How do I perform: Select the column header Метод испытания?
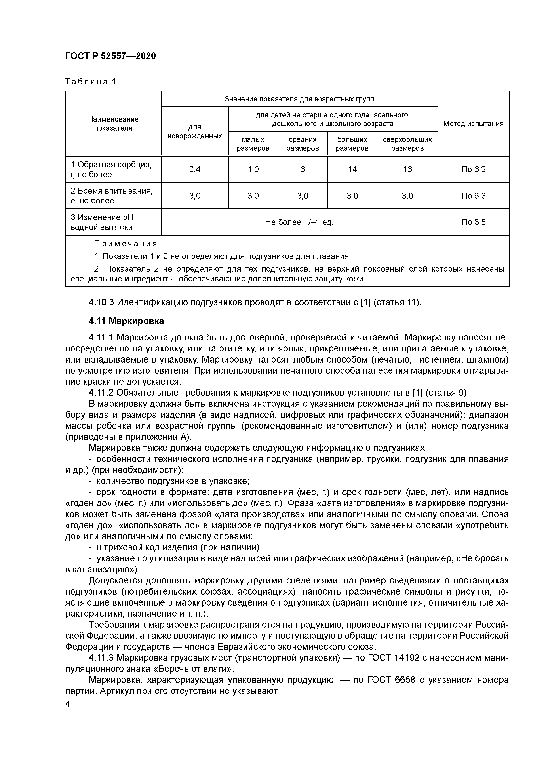point(473,123)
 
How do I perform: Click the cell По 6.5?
point(473,222)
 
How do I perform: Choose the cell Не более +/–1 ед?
point(299,222)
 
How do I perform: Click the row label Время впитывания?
point(111,191)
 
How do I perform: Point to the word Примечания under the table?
point(126,244)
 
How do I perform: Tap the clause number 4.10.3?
point(101,302)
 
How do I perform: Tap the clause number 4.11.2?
point(101,393)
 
